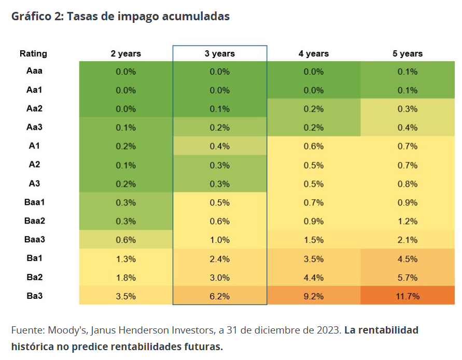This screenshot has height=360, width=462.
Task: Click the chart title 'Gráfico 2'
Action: click(x=120, y=17)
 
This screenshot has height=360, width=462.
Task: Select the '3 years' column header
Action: click(x=219, y=53)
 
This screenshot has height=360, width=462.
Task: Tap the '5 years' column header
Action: click(x=408, y=53)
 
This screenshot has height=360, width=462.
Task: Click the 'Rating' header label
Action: click(x=33, y=53)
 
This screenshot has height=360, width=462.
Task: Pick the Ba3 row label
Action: click(x=34, y=296)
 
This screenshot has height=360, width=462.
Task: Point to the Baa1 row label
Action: click(x=34, y=202)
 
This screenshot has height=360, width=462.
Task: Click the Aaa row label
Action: click(x=34, y=71)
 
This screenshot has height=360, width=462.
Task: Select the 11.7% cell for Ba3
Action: click(x=408, y=296)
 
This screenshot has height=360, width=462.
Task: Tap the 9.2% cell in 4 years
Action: click(x=313, y=296)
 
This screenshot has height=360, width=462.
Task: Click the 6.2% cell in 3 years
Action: click(x=219, y=296)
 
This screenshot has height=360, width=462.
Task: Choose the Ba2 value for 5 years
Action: click(x=408, y=278)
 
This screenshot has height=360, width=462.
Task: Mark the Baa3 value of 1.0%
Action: click(x=219, y=240)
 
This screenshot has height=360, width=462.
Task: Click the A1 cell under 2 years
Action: click(x=125, y=146)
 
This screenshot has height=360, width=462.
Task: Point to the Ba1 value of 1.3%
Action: click(x=125, y=259)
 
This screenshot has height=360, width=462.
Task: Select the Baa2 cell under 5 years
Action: click(x=408, y=221)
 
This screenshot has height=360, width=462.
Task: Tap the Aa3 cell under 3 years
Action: click(x=219, y=128)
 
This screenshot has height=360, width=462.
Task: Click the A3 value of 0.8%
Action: click(x=408, y=184)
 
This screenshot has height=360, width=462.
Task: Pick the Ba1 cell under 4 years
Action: click(x=313, y=259)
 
